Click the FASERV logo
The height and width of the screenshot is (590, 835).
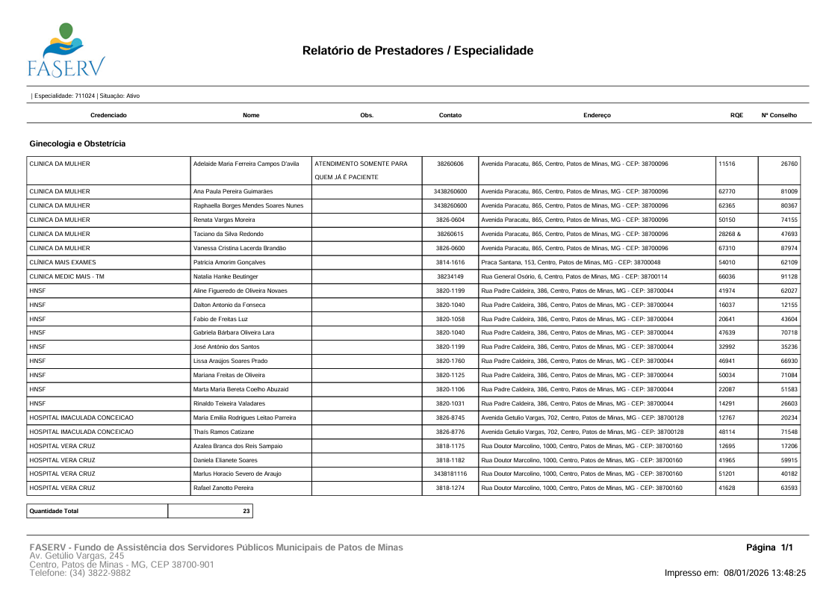coord(66,50)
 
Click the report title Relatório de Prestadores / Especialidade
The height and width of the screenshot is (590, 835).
coord(417,51)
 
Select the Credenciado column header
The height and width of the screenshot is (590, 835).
coord(108,116)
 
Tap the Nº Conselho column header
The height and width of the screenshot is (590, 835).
coord(779,116)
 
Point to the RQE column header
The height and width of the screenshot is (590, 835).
coord(736,116)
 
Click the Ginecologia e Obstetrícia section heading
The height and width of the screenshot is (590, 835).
coord(77,143)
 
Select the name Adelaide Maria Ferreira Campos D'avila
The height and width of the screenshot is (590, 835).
coord(246,163)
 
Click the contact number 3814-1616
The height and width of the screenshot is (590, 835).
coord(450,262)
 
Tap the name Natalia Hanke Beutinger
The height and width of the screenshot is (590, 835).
coord(226,276)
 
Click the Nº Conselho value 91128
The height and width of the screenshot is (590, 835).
coord(789,276)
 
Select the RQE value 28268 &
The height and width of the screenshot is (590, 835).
coord(729,234)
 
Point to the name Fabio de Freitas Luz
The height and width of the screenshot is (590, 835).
coord(223,319)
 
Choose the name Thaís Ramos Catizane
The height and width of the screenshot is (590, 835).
coord(225,432)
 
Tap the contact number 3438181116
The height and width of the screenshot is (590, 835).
coord(450,474)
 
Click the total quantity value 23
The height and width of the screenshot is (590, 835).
coord(246,511)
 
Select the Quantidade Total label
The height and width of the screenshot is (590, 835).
coord(54,511)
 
